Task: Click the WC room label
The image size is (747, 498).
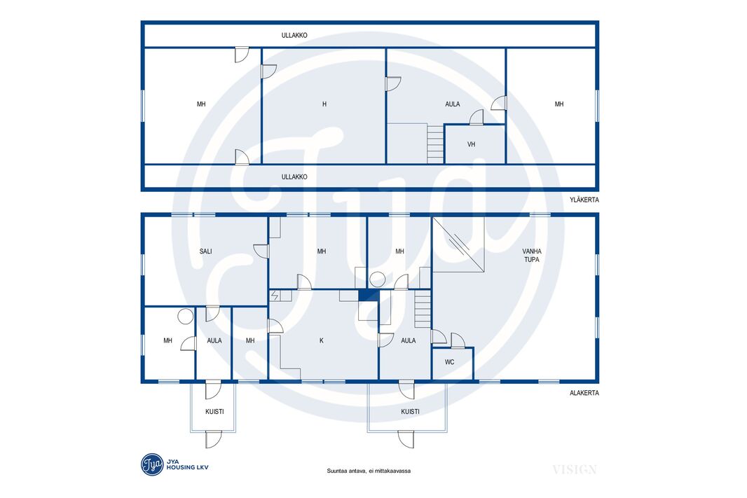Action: coord(449,362)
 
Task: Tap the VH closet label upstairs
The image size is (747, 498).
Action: coord(471,144)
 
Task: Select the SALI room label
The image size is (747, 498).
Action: coord(206,251)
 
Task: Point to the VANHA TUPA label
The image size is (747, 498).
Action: coord(532,255)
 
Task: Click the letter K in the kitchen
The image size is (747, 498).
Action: coord(322,340)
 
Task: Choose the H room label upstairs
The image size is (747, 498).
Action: coord(324,104)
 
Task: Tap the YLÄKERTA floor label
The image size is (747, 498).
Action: coord(584,200)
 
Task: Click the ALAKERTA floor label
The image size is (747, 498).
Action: coord(584,393)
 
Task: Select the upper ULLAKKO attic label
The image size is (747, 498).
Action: coord(294,35)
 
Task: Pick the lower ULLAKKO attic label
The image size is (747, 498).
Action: coord(294,177)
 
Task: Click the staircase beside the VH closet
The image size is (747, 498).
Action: coord(435,144)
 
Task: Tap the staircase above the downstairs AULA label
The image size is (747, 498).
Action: coord(423,309)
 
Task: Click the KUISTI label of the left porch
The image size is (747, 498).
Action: coord(214,411)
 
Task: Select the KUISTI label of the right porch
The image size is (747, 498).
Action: coord(410,411)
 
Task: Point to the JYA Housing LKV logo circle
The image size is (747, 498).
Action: coord(153,464)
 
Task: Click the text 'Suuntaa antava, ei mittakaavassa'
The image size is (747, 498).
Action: coord(369,471)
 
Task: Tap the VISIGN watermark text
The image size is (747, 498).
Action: coord(575,470)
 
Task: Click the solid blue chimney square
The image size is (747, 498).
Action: coord(369,295)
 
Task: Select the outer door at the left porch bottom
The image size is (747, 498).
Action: coord(214,439)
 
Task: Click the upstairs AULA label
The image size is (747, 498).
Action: coord(453,104)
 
